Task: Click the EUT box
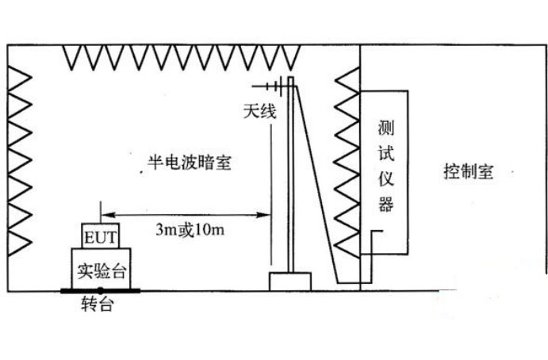click(101, 236)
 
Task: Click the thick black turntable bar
click(101, 290)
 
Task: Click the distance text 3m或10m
click(188, 230)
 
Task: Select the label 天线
click(259, 113)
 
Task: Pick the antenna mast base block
click(290, 281)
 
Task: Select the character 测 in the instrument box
click(386, 127)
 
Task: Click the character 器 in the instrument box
click(386, 205)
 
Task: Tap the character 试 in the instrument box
click(386, 153)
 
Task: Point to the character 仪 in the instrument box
click(386, 179)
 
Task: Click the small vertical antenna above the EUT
click(101, 213)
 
